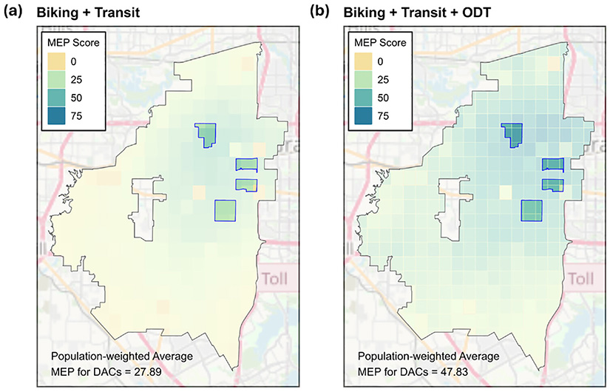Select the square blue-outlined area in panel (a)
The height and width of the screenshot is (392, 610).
[225, 211]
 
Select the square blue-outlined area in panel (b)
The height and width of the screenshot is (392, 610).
[532, 211]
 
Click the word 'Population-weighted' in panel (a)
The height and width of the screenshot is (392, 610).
[93, 354]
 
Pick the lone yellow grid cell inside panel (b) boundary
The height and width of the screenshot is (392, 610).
[505, 193]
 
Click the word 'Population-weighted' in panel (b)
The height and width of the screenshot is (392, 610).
[400, 354]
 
